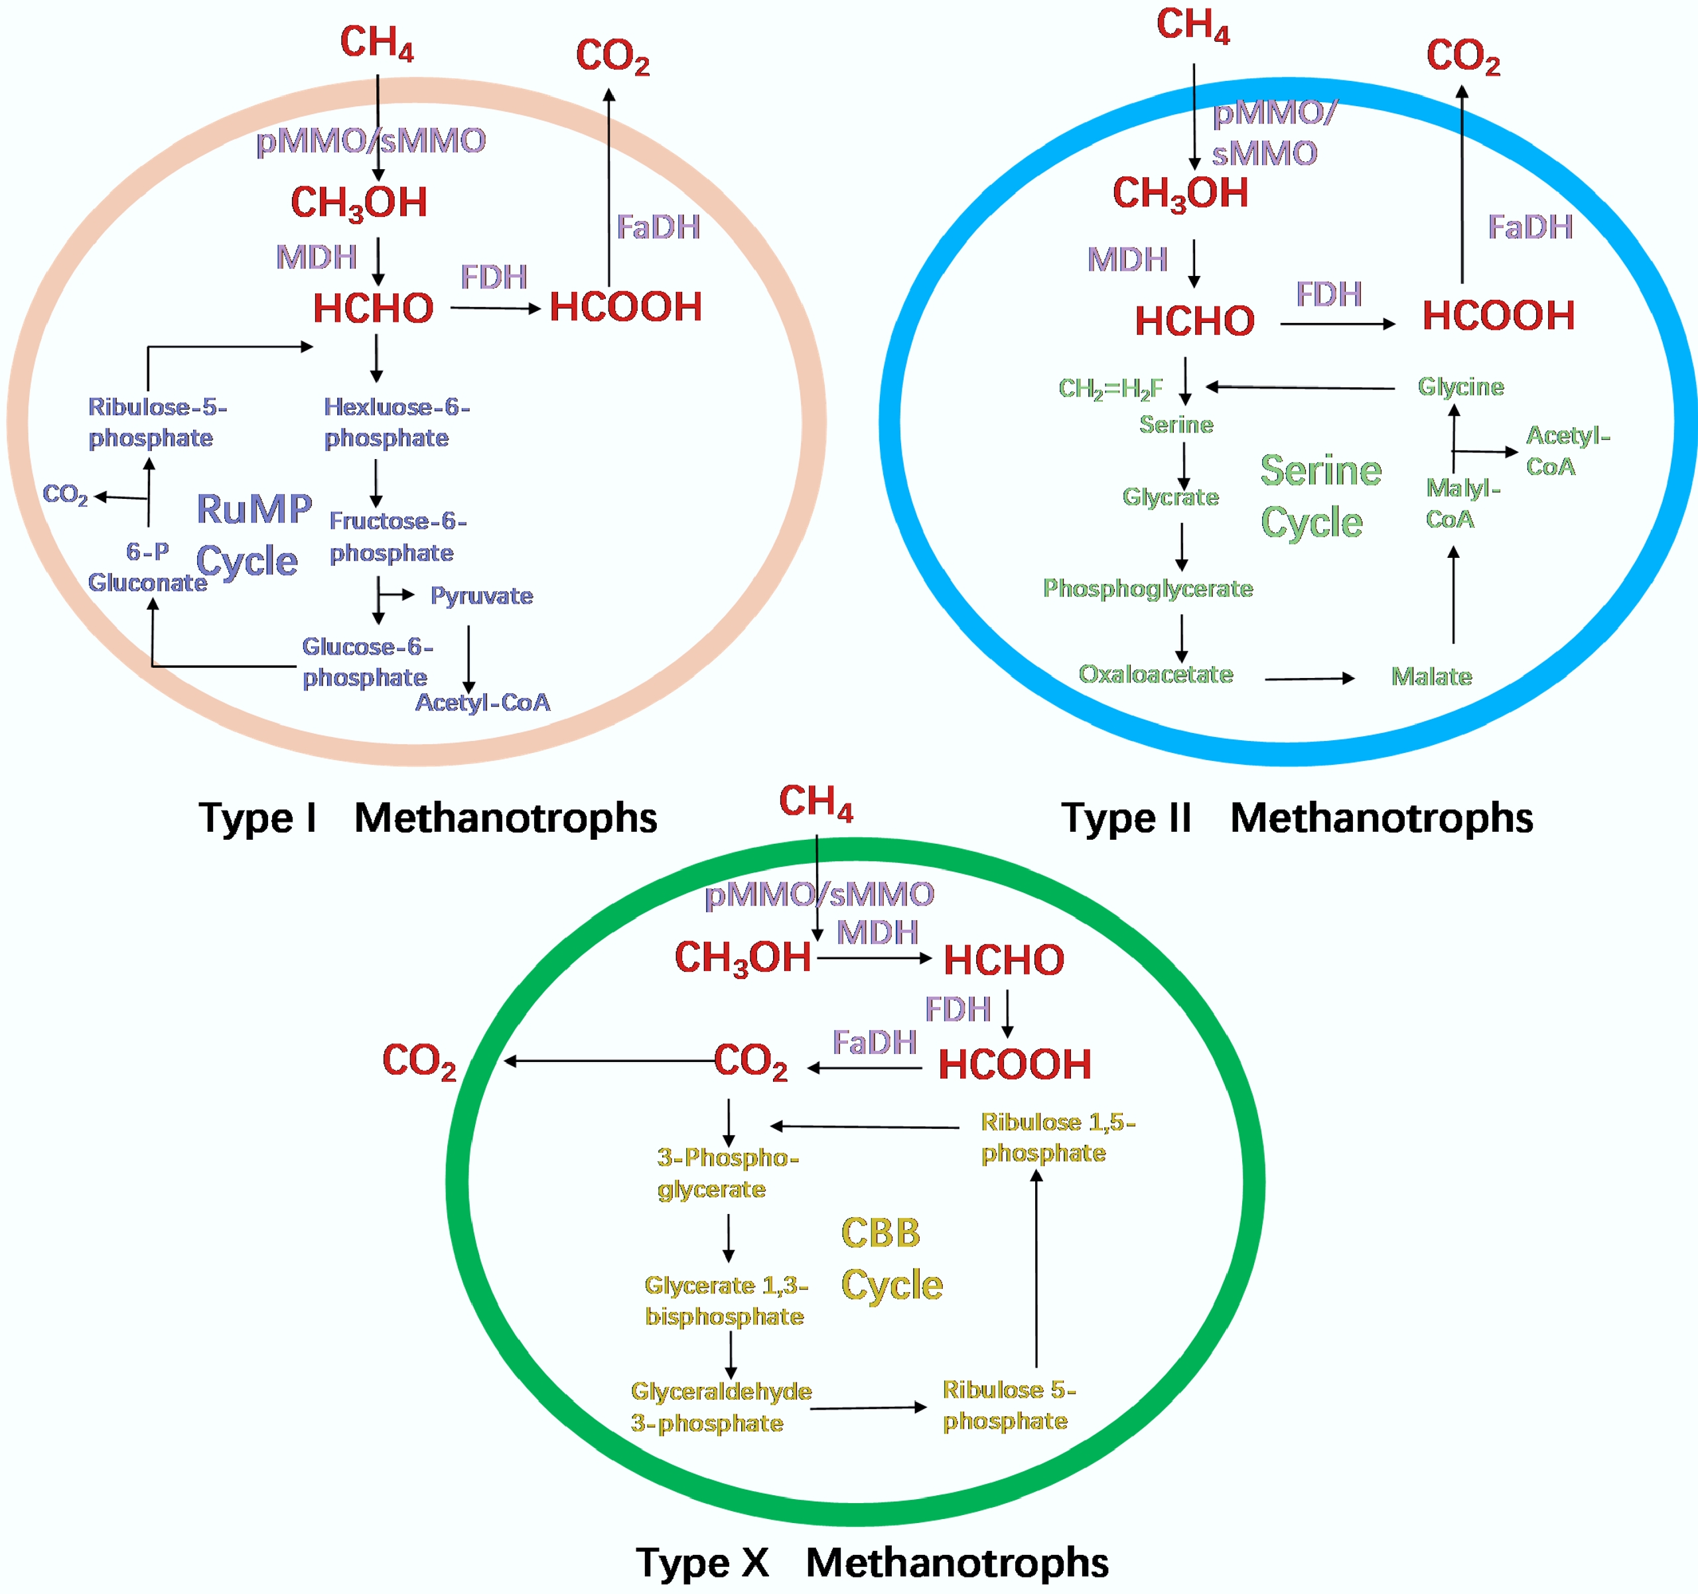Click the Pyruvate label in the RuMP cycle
coord(481,595)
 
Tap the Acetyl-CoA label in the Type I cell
coord(482,702)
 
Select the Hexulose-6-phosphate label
coord(396,422)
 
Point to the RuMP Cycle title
coord(253,535)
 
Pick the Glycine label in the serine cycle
coord(1460,387)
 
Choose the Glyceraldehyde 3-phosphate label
coord(720,1407)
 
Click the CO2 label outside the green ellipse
coord(419,1061)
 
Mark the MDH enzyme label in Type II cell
coord(1127,259)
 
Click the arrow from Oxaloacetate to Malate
coord(1309,679)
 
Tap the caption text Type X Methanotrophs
coord(872,1562)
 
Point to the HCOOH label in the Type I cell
coord(625,307)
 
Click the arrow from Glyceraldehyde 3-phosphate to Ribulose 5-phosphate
coord(868,1407)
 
